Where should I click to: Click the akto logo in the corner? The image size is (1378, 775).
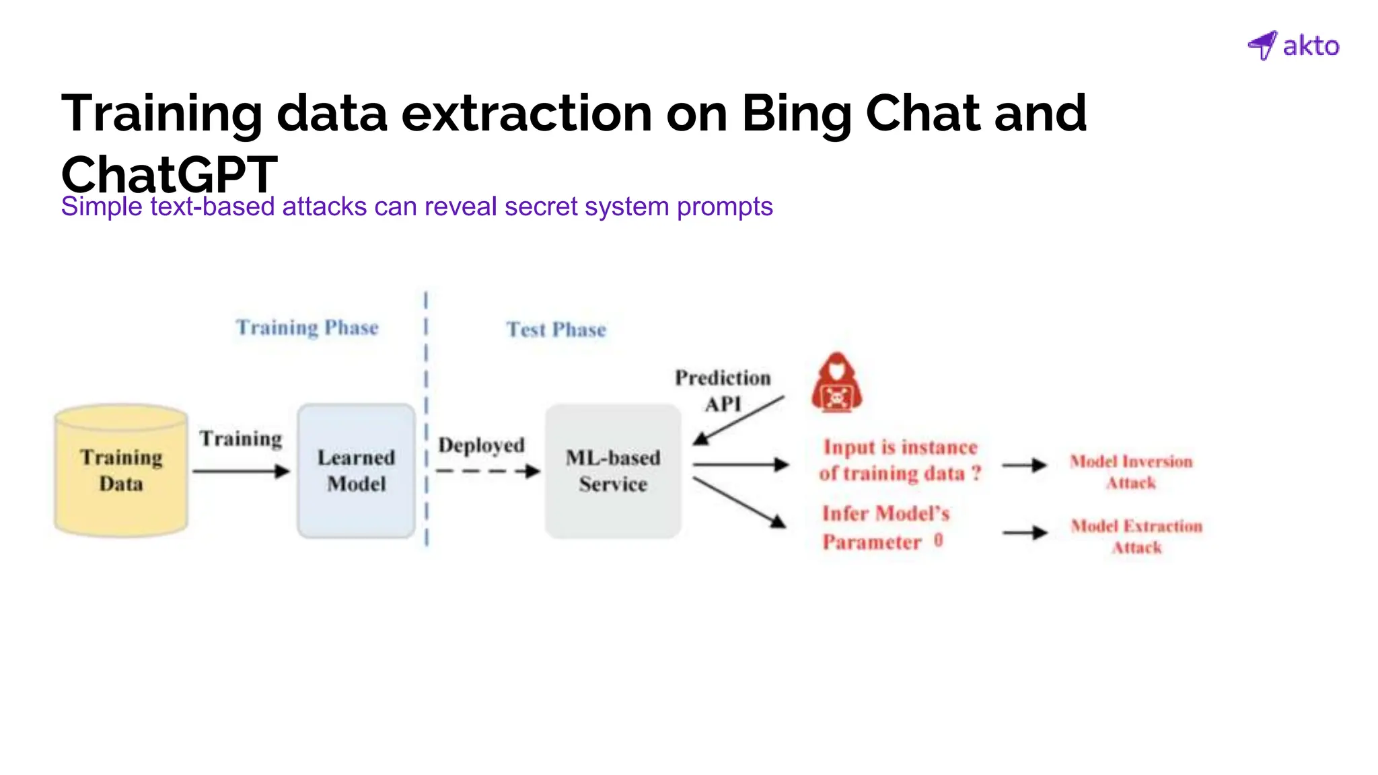(x=1293, y=46)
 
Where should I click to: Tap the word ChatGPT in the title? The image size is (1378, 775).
(x=169, y=174)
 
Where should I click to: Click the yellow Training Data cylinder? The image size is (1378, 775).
(x=121, y=470)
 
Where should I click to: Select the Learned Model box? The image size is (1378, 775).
(x=356, y=470)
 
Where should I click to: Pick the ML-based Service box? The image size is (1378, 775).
(x=613, y=470)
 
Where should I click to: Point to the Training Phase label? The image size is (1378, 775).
(x=307, y=328)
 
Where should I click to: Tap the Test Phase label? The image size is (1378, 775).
(x=556, y=330)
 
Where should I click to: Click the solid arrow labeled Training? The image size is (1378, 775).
(x=240, y=471)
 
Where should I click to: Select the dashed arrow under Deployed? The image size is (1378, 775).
(x=487, y=471)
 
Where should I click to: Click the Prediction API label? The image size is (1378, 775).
(x=723, y=390)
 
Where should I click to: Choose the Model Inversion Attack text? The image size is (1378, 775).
(x=1131, y=472)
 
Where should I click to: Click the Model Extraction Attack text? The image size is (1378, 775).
(x=1136, y=536)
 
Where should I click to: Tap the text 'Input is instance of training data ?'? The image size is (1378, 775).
(x=900, y=460)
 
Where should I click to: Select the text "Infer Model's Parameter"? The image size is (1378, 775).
(x=883, y=527)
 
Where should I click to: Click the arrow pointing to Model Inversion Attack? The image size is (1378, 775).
(x=1023, y=465)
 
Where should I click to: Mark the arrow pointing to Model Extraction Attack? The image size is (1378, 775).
(x=1024, y=533)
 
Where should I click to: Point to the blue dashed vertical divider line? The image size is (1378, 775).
(x=426, y=417)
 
